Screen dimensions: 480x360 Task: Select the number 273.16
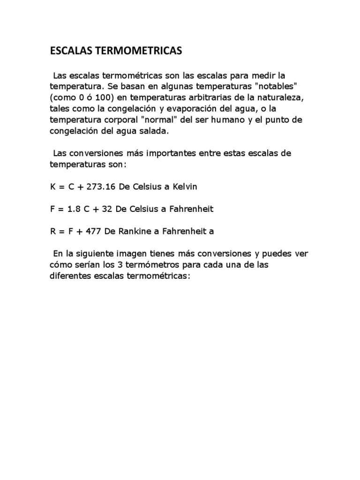[102, 187]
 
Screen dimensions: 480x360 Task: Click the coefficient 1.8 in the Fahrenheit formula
[75, 209]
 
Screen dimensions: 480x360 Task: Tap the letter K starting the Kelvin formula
[53, 187]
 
